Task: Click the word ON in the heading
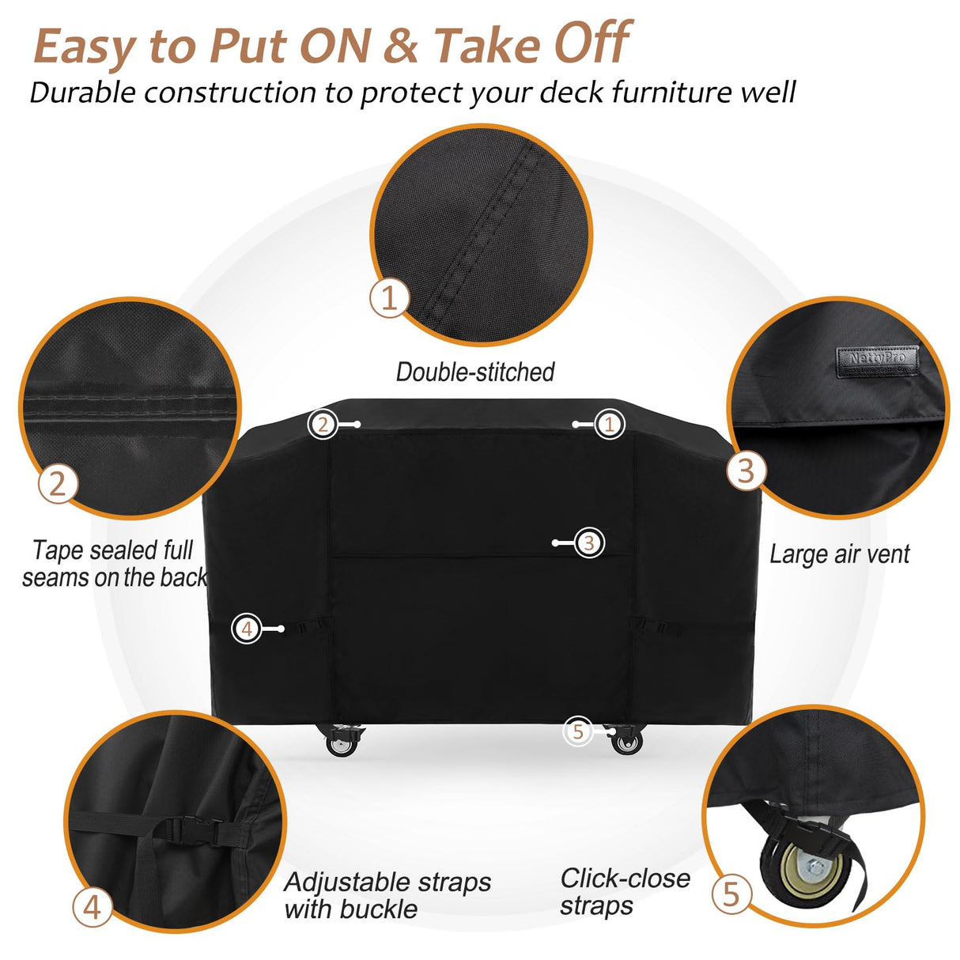pos(336,45)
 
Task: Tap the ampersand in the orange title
pos(403,45)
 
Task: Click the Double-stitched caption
pos(475,372)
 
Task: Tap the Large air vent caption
pos(839,554)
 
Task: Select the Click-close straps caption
pos(625,891)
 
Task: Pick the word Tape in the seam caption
pos(58,550)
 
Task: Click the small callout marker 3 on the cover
pos(588,542)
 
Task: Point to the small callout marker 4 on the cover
pos(247,629)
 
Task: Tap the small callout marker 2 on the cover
pos(323,425)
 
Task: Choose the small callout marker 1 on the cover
pos(609,425)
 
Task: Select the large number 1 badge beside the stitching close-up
pos(389,298)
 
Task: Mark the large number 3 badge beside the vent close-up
pos(746,471)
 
